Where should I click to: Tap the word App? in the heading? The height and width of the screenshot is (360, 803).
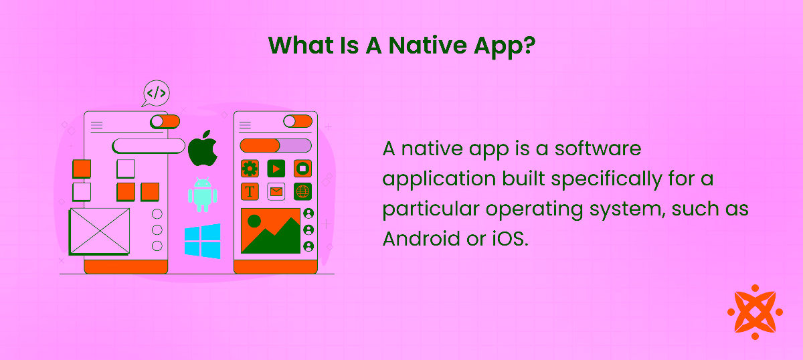pyautogui.click(x=507, y=46)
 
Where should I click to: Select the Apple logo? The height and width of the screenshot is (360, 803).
pyautogui.click(x=203, y=148)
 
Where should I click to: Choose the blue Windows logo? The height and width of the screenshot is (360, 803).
pyautogui.click(x=203, y=241)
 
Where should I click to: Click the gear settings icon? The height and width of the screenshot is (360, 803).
pyautogui.click(x=250, y=169)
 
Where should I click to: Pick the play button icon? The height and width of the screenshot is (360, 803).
pyautogui.click(x=276, y=169)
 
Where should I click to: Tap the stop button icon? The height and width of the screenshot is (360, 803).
pyautogui.click(x=302, y=169)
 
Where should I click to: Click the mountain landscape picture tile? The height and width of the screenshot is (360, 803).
pyautogui.click(x=270, y=231)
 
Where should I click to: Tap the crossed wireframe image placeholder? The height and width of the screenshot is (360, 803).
pyautogui.click(x=100, y=231)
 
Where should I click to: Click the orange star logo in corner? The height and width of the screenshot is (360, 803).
pyautogui.click(x=754, y=312)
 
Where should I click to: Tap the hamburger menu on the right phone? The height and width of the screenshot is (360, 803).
pyautogui.click(x=245, y=124)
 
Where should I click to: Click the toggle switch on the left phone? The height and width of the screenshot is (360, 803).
pyautogui.click(x=165, y=121)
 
